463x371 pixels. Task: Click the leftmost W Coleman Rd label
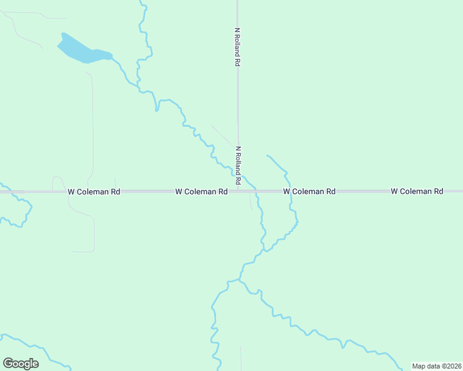93,192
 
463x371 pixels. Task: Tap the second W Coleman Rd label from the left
201,192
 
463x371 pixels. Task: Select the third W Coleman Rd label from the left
309,192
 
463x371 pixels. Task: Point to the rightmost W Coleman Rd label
417,192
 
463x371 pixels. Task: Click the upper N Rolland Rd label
237,46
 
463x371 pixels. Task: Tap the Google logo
20,364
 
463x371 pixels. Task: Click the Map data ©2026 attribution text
436,366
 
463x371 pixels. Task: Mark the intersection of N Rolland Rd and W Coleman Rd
238,192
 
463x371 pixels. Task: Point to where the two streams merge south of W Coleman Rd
264,250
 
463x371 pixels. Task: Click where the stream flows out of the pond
112,58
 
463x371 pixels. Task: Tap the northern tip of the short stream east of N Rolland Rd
267,155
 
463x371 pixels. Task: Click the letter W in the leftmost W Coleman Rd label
71,192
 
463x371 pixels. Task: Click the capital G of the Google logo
8,364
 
